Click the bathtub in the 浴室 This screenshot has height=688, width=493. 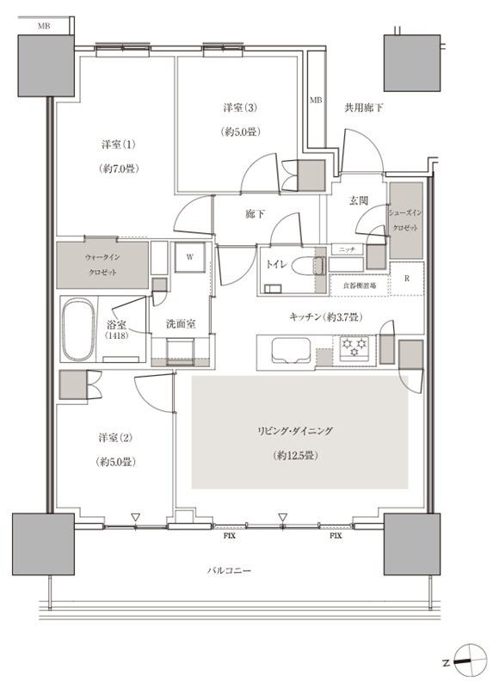click(x=78, y=329)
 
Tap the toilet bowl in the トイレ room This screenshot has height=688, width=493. click(x=306, y=266)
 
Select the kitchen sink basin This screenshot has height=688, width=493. click(x=291, y=351)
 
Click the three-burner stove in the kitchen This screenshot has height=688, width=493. click(x=354, y=347)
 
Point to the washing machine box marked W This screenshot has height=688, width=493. click(x=189, y=257)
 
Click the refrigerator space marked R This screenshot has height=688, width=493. click(x=406, y=279)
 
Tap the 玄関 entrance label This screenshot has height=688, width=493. click(x=358, y=200)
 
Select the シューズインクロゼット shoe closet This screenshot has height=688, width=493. click(x=406, y=220)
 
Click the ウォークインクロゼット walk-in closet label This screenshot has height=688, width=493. click(x=102, y=265)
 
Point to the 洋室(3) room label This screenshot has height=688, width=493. click(x=240, y=107)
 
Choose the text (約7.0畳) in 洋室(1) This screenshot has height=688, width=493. click(x=119, y=169)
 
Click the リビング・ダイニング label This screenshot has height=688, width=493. click(x=295, y=431)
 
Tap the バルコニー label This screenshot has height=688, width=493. click(x=229, y=571)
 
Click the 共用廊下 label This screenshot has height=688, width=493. click(x=363, y=107)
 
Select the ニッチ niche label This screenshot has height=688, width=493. click(x=347, y=249)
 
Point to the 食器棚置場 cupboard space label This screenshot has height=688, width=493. click(x=359, y=286)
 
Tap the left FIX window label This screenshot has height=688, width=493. click(x=229, y=536)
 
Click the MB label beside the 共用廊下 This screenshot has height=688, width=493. click(x=316, y=101)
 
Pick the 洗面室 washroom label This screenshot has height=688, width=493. click(x=181, y=324)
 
